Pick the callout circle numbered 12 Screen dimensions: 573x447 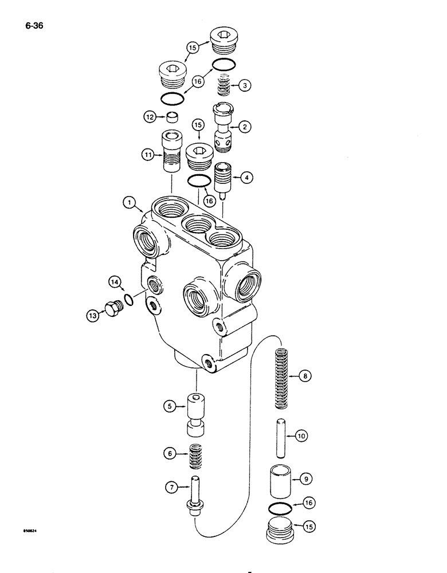tap(150, 117)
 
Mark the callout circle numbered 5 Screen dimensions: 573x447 tap(169, 406)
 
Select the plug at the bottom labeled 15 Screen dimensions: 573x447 tap(281, 530)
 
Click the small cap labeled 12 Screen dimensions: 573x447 tap(170, 117)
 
